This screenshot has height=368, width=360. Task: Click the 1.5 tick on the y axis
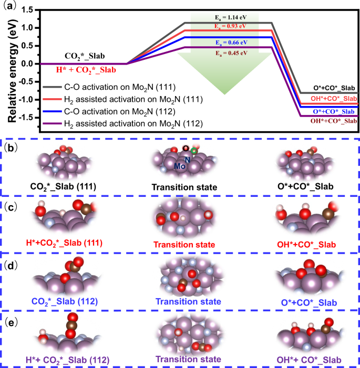point(29,9)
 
